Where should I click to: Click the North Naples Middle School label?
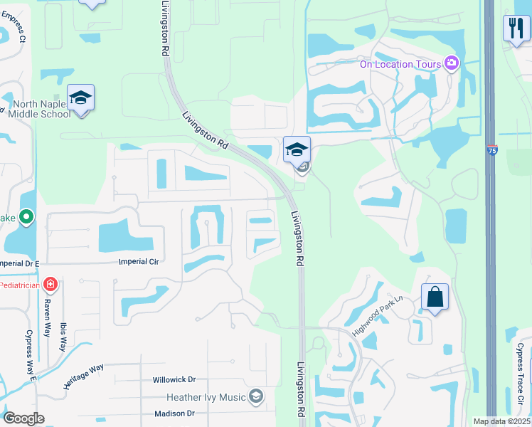pyautogui.click(x=41, y=109)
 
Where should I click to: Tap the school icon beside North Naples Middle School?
pyautogui.click(x=81, y=98)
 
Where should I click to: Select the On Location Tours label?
pyautogui.click(x=400, y=64)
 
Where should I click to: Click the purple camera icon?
pyautogui.click(x=451, y=64)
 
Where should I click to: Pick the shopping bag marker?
pyautogui.click(x=435, y=297)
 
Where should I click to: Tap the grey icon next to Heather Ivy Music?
pyautogui.click(x=256, y=397)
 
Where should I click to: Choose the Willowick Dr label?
pyautogui.click(x=174, y=380)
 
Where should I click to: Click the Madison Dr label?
pyautogui.click(x=174, y=413)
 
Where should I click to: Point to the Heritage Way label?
pyautogui.click(x=83, y=376)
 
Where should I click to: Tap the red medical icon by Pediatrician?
pyautogui.click(x=50, y=285)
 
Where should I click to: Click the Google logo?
pyautogui.click(x=23, y=418)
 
